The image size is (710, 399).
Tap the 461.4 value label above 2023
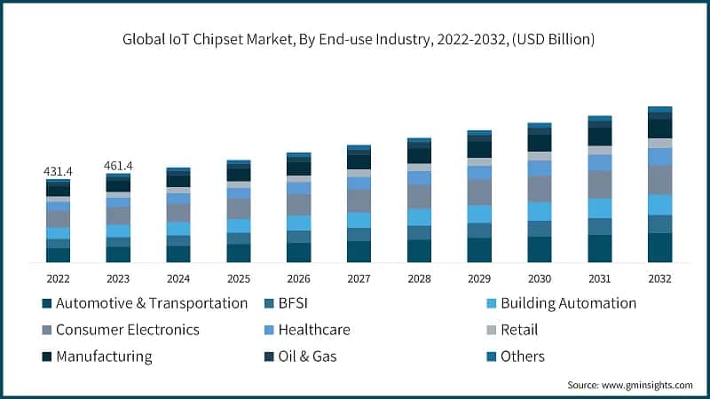pyautogui.click(x=118, y=165)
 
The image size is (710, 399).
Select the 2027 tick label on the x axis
pyautogui.click(x=359, y=278)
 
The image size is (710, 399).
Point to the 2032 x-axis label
pyautogui.click(x=659, y=278)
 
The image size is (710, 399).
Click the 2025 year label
pyautogui.click(x=239, y=278)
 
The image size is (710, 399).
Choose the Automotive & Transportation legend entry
pyautogui.click(x=151, y=303)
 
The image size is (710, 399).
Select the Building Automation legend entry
pyautogui.click(x=568, y=303)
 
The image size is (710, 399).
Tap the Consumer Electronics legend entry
pyautogui.click(x=127, y=330)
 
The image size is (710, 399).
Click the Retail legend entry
pyautogui.click(x=519, y=330)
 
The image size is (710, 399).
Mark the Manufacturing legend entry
pyautogui.click(x=104, y=356)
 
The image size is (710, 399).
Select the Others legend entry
pyautogui.click(x=522, y=356)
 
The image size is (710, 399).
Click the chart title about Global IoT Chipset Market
pyautogui.click(x=355, y=40)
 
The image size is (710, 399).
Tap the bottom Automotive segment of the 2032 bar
pyautogui.click(x=659, y=247)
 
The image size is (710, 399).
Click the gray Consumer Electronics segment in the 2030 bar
pyautogui.click(x=540, y=189)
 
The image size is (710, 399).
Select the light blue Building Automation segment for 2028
pyautogui.click(x=419, y=217)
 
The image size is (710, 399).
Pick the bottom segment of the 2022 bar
pyautogui.click(x=59, y=255)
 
